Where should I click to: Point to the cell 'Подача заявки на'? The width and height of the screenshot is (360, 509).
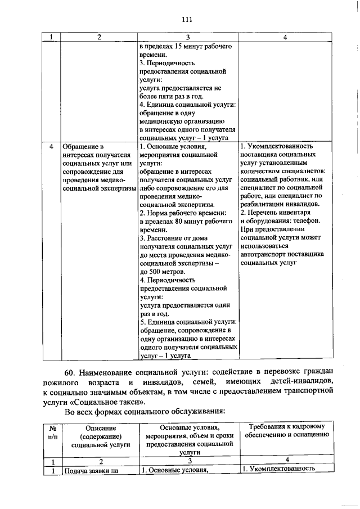[91, 471]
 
